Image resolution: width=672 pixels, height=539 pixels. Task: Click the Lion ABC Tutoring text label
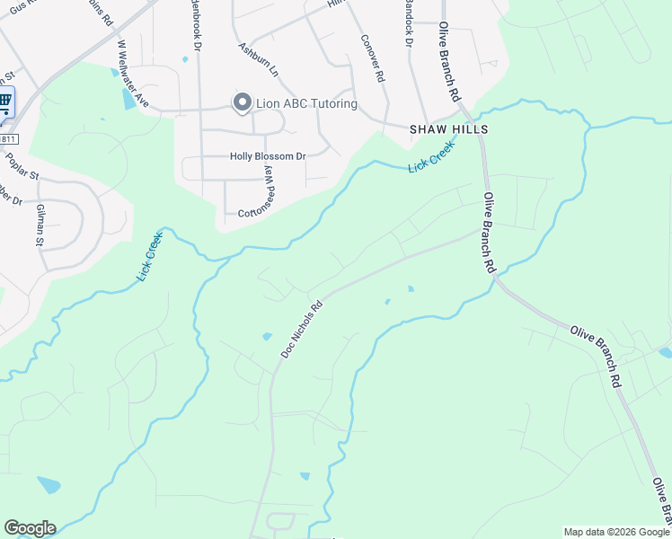tap(306, 104)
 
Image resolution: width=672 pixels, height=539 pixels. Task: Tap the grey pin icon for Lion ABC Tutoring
tap(242, 103)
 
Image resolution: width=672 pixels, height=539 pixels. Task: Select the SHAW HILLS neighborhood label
tap(448, 129)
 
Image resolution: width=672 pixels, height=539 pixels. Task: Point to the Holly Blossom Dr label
tap(268, 156)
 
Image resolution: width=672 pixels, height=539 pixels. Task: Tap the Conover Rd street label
tap(372, 58)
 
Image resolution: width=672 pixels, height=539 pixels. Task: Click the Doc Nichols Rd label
tap(301, 329)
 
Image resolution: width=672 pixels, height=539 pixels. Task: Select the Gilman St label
tap(40, 225)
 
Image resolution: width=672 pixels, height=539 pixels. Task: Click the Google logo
tap(30, 528)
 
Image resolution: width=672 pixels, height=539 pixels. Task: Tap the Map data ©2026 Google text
tap(616, 532)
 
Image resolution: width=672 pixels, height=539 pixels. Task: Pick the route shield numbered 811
tap(7, 139)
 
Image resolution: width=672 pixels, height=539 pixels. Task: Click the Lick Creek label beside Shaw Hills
tap(431, 158)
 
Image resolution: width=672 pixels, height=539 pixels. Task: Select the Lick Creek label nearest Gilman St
tap(149, 257)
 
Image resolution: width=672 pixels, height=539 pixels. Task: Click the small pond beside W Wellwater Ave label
tap(128, 99)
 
